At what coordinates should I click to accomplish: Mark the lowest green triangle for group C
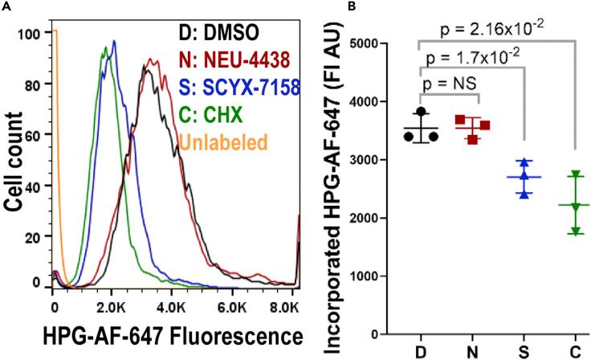[x=575, y=231]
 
